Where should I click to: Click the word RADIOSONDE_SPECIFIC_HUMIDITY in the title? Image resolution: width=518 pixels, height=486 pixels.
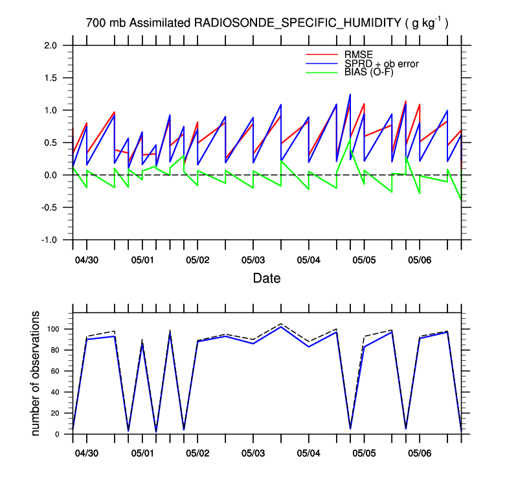(298, 23)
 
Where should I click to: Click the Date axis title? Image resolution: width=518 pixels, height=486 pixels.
(267, 279)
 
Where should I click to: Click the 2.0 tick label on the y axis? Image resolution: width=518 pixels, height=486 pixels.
(51, 45)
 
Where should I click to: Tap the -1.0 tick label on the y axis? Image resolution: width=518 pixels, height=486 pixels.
(49, 240)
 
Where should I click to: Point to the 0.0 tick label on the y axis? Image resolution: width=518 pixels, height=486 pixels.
(51, 175)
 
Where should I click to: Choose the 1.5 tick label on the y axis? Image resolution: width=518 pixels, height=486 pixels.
(51, 78)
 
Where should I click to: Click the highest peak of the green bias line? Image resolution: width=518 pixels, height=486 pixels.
(350, 140)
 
